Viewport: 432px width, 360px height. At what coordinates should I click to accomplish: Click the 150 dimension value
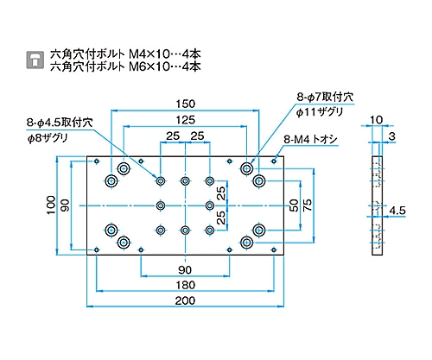pos(186,104)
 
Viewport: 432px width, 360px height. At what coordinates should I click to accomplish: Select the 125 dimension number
pos(186,120)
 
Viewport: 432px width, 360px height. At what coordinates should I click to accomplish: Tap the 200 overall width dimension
pos(185,300)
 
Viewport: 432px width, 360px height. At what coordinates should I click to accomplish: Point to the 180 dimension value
pos(185,285)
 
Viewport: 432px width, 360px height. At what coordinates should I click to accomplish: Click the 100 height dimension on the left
pos(51,205)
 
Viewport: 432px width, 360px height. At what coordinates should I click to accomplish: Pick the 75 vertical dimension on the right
pos(308,205)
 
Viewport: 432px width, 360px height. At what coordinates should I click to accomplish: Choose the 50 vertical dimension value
pos(294,205)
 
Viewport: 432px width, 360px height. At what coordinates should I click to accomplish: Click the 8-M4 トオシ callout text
pos(310,140)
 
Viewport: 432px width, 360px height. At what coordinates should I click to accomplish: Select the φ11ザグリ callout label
pos(320,112)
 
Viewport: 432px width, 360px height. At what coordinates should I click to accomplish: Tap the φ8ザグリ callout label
pos(48,138)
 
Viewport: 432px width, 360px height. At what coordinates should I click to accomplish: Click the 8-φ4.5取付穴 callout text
pos(60,123)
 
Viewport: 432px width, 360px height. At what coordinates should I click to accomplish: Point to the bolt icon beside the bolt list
pos(35,60)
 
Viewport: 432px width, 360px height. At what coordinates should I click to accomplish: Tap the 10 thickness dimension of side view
pos(376,120)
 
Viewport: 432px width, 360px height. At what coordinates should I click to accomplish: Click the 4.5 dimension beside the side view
pos(397,211)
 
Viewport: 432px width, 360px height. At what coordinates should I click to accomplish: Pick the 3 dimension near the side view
pos(391,136)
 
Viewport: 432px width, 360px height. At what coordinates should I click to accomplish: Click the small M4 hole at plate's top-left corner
pos(97,161)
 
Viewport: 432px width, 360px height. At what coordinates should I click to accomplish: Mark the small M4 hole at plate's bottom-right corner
pos(274,249)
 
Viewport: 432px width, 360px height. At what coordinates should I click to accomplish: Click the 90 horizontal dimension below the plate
pos(185,270)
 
